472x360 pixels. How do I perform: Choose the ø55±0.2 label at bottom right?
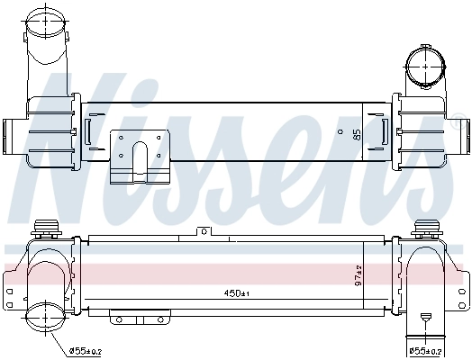(x=427, y=350)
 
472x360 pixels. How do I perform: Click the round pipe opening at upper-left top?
(x=44, y=20)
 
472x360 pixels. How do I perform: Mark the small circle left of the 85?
(x=340, y=130)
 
